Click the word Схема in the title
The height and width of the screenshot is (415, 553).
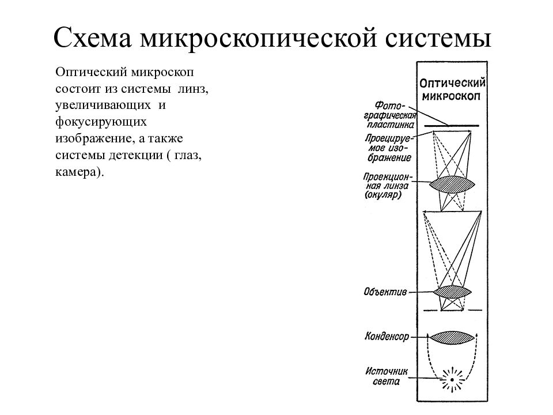93,37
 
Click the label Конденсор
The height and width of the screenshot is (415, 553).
387,336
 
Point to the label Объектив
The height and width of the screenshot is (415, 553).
385,292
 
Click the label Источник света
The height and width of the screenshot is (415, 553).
386,376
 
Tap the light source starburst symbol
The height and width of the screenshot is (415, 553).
452,380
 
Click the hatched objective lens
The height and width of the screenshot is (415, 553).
452,292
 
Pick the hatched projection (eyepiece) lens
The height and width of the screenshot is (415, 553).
452,184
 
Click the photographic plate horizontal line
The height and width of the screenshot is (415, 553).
452,126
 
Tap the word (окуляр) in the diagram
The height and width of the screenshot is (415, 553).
383,194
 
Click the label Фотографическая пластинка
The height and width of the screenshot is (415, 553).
390,115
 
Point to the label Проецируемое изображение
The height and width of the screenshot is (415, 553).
388,148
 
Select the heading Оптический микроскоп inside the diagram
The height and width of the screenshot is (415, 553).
452,89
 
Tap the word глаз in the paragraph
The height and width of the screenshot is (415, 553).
188,155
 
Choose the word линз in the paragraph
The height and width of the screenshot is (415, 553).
193,89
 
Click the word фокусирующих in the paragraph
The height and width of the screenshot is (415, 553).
101,122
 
